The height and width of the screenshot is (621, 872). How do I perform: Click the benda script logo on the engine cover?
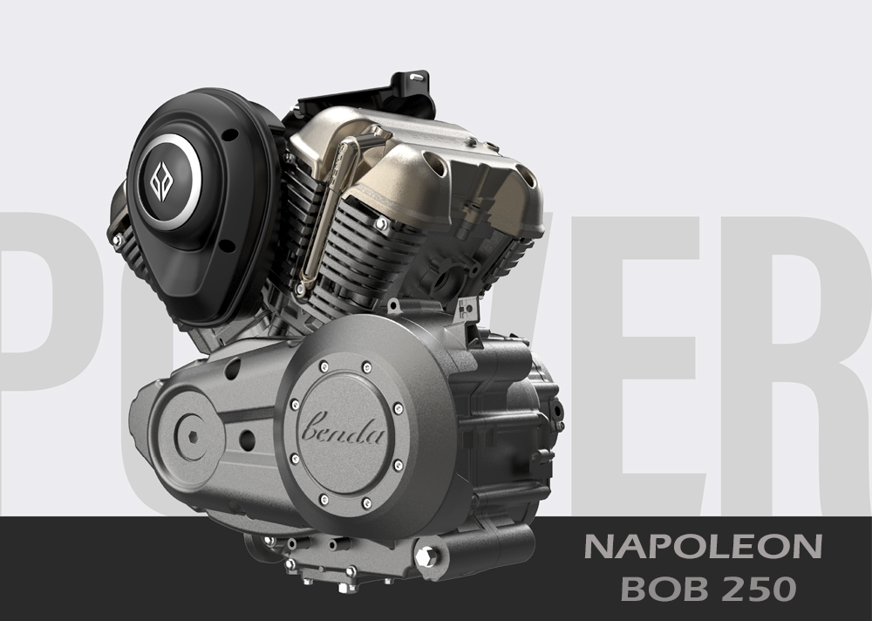[342, 428]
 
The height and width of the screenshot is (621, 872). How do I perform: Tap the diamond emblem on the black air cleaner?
[161, 181]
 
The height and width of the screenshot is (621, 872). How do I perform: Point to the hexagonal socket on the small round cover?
[193, 437]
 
